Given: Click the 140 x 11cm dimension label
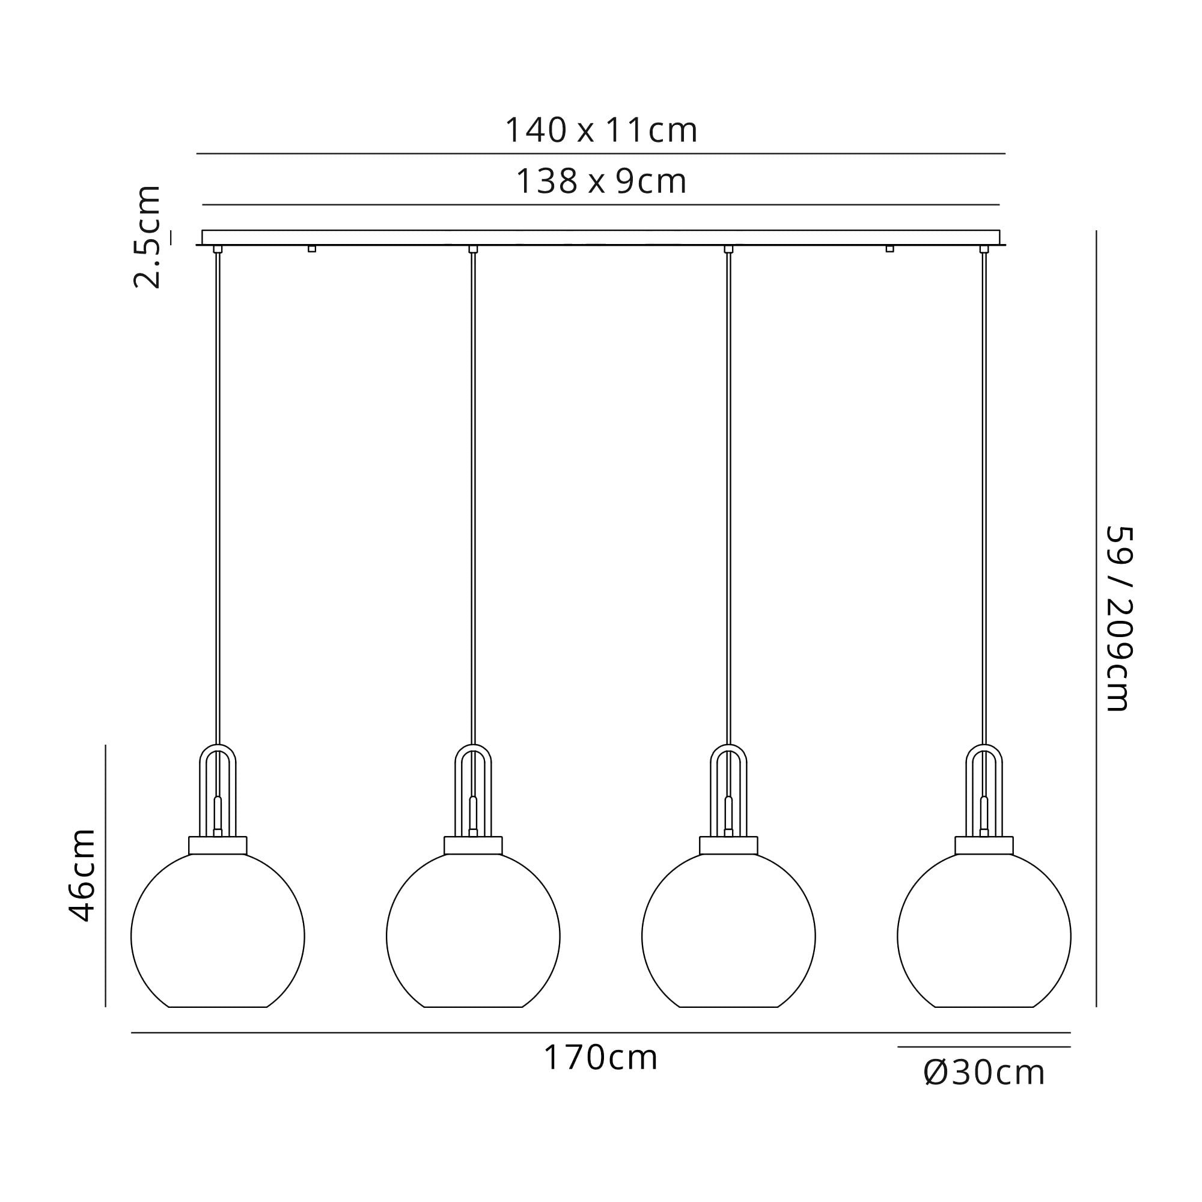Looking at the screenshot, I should tap(601, 130).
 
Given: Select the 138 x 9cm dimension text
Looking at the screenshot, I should tap(601, 182).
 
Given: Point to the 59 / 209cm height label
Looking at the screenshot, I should tap(1118, 618).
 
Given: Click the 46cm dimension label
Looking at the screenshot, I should tap(82, 874).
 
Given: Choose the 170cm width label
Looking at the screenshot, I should tap(601, 1058).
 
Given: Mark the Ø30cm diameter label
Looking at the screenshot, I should tap(984, 1073).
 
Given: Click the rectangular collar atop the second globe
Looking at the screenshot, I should tap(473, 846).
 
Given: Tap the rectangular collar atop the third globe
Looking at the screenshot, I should tap(728, 846).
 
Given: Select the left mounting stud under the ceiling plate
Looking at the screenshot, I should tap(312, 249).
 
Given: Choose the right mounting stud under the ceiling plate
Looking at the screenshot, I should tap(889, 249).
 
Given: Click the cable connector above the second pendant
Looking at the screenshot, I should tap(473, 249).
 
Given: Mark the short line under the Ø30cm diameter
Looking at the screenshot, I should tap(984, 1047).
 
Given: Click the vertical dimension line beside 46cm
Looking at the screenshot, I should tap(106, 874).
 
